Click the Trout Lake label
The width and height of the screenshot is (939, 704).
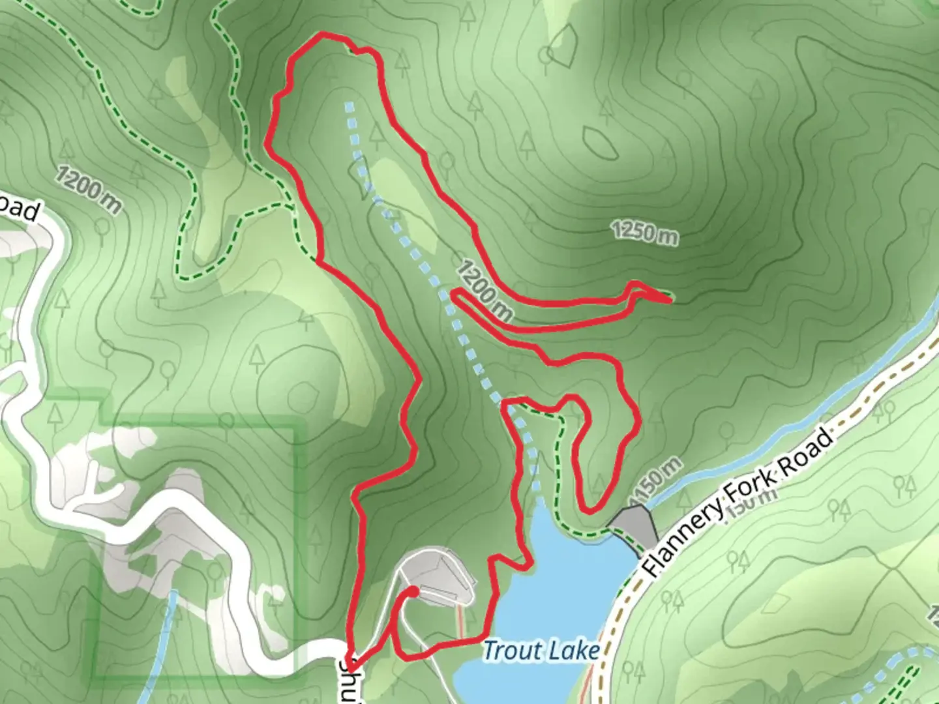coord(541,651)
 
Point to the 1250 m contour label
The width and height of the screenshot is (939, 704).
coord(644,233)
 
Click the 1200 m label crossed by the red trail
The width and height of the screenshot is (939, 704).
coord(484,290)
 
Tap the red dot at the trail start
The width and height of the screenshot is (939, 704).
coord(413,591)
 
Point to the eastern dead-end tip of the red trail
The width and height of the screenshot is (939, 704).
coord(670,301)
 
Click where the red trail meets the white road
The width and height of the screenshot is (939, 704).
coord(348,658)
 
